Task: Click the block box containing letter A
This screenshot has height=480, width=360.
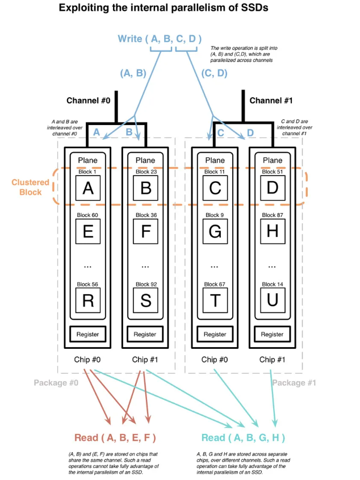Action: coord(87,188)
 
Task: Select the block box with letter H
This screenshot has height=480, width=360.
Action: coord(272,232)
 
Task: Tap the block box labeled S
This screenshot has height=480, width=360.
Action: coord(145,300)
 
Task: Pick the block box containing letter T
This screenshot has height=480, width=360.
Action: coord(215,300)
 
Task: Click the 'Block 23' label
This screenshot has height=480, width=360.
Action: coord(145,172)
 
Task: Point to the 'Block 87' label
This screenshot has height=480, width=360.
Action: coord(272,215)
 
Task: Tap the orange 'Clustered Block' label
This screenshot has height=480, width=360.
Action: coord(30,187)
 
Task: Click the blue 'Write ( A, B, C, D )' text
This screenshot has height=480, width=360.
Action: coord(160,39)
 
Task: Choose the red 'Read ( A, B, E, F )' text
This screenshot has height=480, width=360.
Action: coord(115,437)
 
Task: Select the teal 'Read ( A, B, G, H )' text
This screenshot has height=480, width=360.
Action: coord(243,437)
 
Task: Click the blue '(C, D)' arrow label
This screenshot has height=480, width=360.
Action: coord(214,73)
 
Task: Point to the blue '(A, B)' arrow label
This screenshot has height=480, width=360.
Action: coord(133,73)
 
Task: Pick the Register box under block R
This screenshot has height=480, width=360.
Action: coord(87,334)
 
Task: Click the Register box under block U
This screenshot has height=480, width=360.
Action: coord(272,334)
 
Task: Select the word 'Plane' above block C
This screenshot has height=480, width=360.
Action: coord(215,160)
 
